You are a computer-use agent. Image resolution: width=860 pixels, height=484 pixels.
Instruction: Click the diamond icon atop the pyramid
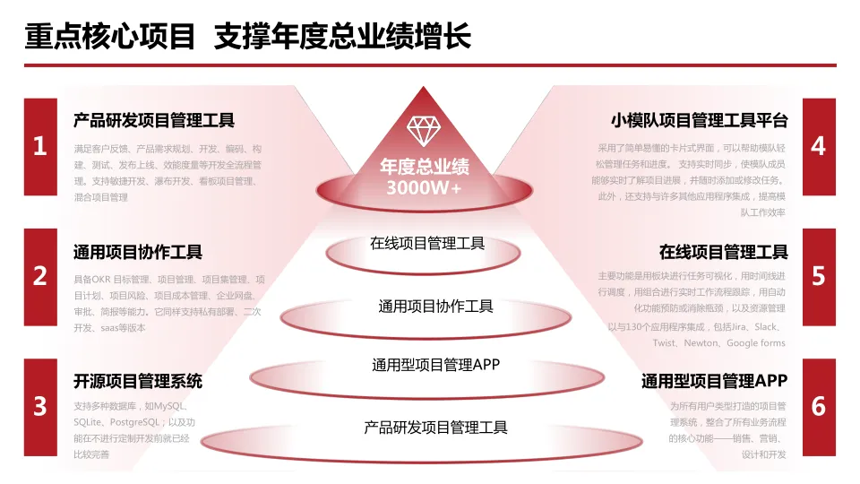424,131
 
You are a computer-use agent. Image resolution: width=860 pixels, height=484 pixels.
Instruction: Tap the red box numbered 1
40,146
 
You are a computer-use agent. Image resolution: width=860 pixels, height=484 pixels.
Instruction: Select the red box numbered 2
40,276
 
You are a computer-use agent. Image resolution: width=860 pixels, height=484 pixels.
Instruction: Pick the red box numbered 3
40,406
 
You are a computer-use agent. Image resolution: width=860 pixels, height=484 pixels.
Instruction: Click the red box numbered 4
819,146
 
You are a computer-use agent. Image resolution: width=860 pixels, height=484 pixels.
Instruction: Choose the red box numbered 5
819,276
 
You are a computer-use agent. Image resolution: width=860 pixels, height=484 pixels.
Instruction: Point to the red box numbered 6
819,406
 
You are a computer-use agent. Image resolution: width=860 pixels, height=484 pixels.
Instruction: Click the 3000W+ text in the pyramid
425,188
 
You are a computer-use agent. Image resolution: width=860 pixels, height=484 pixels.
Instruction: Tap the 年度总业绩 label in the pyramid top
425,168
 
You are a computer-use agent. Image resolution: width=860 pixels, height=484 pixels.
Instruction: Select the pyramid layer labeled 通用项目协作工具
436,307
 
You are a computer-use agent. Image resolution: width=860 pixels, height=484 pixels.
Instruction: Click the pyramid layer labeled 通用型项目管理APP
436,365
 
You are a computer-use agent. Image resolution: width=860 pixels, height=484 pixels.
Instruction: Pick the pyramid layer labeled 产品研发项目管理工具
436,428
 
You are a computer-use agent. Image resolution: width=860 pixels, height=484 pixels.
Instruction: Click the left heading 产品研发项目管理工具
154,120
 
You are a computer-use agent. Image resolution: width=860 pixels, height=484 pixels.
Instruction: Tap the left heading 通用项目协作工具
138,252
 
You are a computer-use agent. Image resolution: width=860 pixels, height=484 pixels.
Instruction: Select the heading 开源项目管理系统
138,381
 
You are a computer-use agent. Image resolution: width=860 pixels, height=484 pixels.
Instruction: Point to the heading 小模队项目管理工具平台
700,120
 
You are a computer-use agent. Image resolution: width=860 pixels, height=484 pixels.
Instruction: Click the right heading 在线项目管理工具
724,252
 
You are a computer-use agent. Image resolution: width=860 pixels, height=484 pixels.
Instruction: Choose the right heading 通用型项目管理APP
714,381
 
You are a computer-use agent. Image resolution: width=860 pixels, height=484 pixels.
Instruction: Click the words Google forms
755,343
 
